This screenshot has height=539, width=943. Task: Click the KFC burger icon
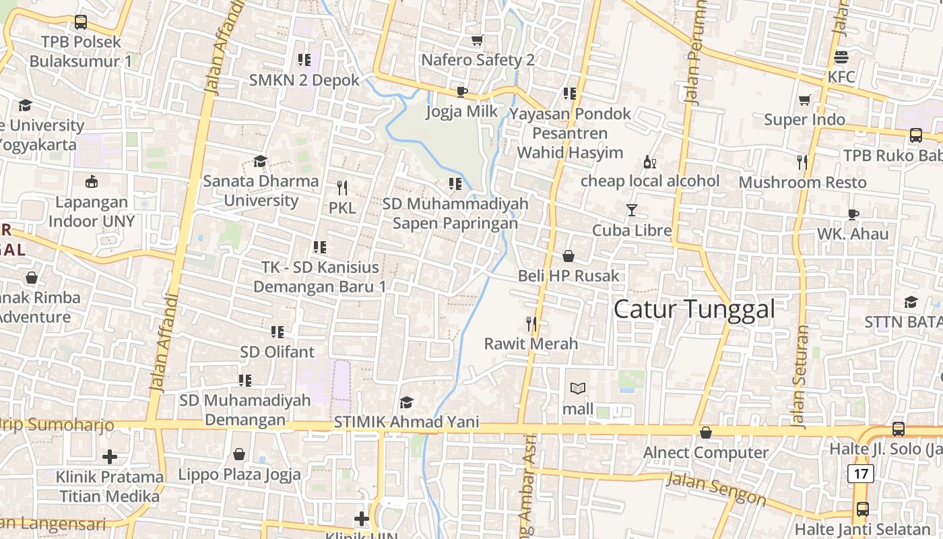click(x=841, y=57)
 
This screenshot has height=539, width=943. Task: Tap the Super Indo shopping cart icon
click(x=804, y=100)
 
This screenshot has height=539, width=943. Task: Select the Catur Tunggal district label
click(x=694, y=309)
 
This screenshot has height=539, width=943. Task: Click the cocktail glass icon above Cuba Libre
click(x=631, y=210)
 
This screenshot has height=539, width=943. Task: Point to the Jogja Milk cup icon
click(x=461, y=92)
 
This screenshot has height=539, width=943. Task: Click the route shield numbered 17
click(x=861, y=474)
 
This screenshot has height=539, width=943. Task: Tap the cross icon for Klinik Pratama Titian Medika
click(x=109, y=457)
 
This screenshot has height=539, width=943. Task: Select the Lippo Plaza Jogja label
click(x=239, y=474)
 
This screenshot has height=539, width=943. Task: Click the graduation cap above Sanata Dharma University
click(x=260, y=161)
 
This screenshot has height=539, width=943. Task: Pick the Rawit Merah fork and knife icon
click(x=531, y=324)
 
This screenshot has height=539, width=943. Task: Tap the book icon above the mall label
click(x=577, y=389)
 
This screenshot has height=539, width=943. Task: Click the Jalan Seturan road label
click(x=800, y=377)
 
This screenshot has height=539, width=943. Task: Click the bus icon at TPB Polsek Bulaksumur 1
click(x=81, y=22)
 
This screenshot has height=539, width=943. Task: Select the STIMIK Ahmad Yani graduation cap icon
click(x=406, y=403)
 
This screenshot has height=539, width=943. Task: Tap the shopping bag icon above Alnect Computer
click(x=705, y=433)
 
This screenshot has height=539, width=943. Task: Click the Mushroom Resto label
click(x=802, y=182)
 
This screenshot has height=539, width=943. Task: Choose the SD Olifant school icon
click(x=277, y=332)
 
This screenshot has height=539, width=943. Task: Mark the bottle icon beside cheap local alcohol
click(x=649, y=162)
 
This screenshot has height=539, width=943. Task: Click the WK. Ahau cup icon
click(x=853, y=215)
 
